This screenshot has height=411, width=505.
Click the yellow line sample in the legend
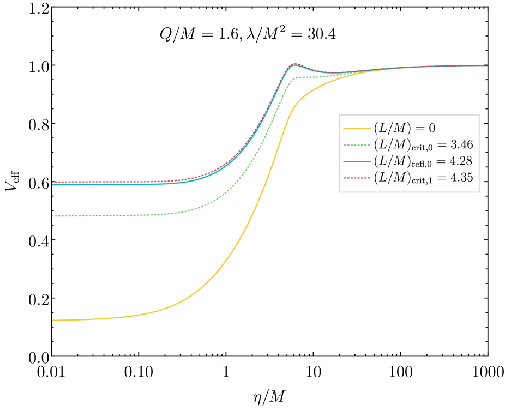[357, 129]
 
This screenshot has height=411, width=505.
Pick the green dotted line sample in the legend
[357, 145]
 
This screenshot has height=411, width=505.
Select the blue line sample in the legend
[357, 161]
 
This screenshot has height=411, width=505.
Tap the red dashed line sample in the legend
[357, 178]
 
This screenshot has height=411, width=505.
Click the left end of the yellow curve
[53, 320]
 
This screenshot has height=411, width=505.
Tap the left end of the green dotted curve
[53, 216]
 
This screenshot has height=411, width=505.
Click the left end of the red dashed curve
[53, 182]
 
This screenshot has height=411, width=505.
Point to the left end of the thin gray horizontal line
[56, 65]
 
